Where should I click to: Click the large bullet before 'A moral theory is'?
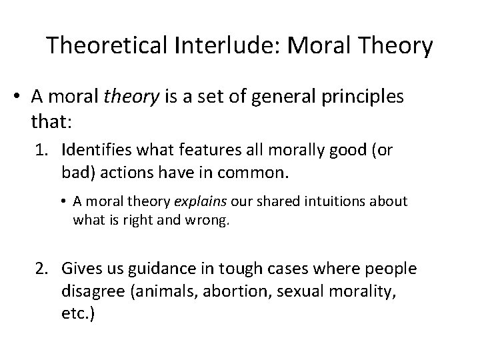click(x=19, y=97)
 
